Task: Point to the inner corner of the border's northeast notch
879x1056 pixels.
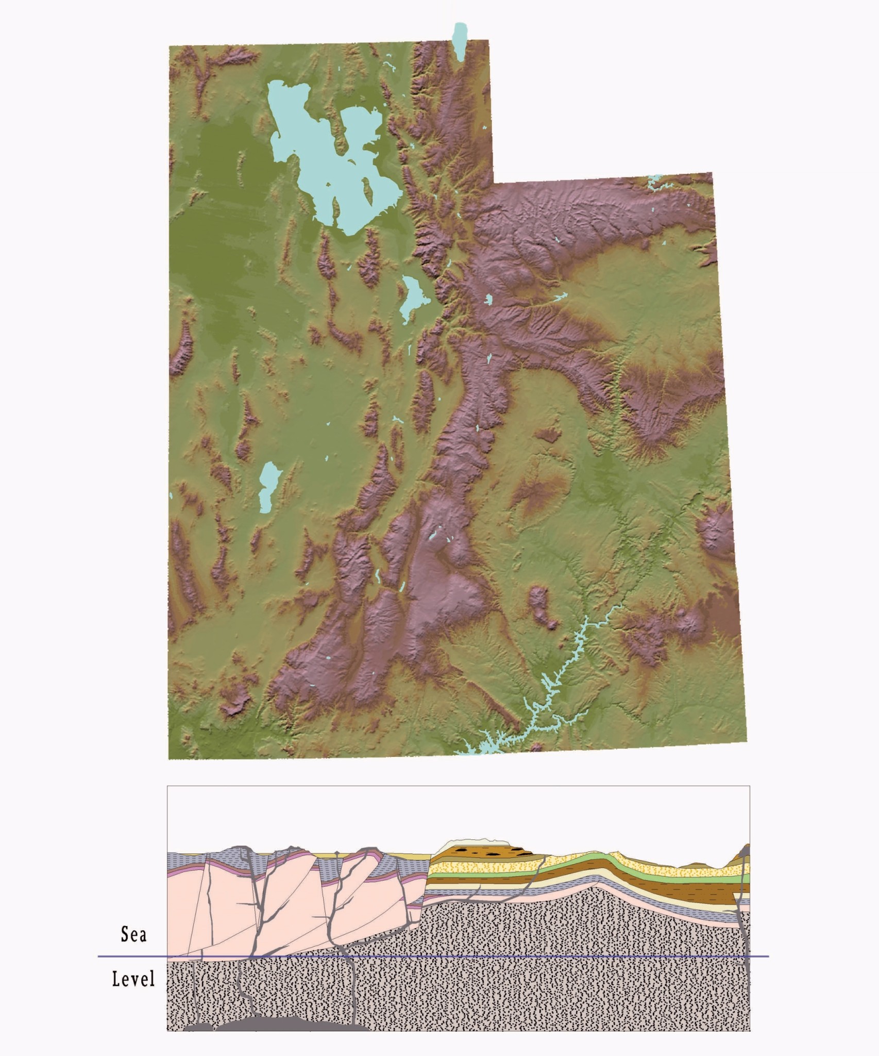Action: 493,183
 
